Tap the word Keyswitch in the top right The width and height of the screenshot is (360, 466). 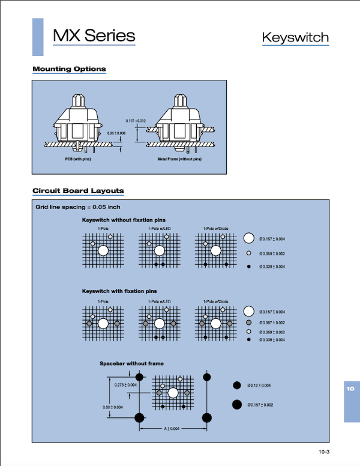[295, 38]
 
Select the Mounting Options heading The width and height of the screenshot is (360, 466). [69, 69]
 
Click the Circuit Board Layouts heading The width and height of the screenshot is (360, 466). [78, 191]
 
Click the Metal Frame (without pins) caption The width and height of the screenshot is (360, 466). [180, 160]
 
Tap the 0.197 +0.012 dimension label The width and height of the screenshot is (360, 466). [136, 121]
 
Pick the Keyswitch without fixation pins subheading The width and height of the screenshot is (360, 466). [124, 220]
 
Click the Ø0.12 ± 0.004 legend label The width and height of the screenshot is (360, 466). [259, 385]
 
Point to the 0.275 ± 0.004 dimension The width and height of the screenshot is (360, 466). [125, 385]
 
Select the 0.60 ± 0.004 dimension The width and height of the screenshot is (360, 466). [114, 407]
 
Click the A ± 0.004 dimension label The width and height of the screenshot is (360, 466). [173, 429]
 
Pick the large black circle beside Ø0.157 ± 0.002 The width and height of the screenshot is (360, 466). [237, 405]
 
